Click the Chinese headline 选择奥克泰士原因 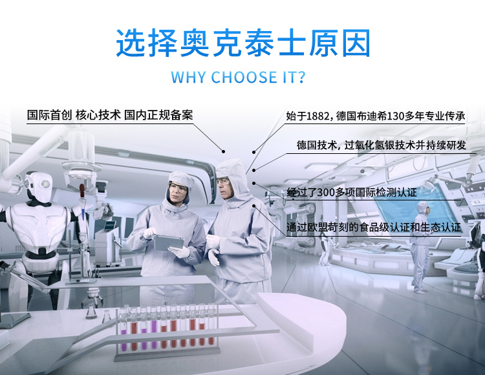[x=243, y=43]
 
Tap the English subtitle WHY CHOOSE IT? [x=238, y=77]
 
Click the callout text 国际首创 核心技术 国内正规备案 [x=110, y=115]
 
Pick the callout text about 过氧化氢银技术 [x=381, y=145]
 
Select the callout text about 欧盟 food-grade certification [x=374, y=227]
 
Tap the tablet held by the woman [x=168, y=242]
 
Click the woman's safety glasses [x=178, y=189]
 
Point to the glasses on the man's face [x=222, y=181]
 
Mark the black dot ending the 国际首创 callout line [x=223, y=151]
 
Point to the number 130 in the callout [x=396, y=116]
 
